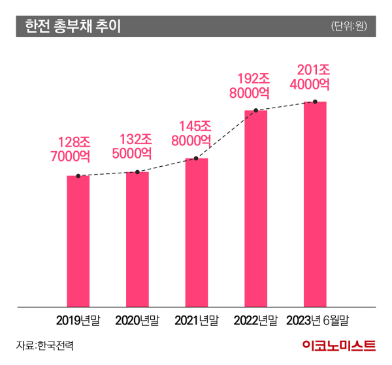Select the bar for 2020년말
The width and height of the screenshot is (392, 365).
(x=137, y=239)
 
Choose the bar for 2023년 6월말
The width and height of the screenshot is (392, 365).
(x=315, y=204)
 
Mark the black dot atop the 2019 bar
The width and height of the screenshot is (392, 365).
(x=78, y=176)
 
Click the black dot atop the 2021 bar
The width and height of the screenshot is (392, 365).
(x=197, y=158)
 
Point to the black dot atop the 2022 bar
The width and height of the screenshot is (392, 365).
(x=256, y=111)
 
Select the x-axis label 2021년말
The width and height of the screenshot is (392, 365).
(x=197, y=320)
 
